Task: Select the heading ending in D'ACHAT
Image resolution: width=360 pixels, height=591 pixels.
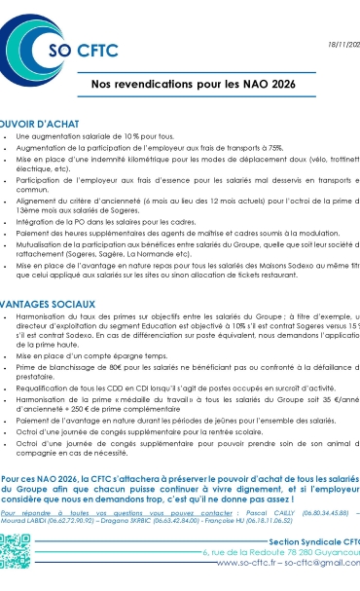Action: [x=48, y=126]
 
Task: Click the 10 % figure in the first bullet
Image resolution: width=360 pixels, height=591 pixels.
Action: [x=134, y=139]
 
